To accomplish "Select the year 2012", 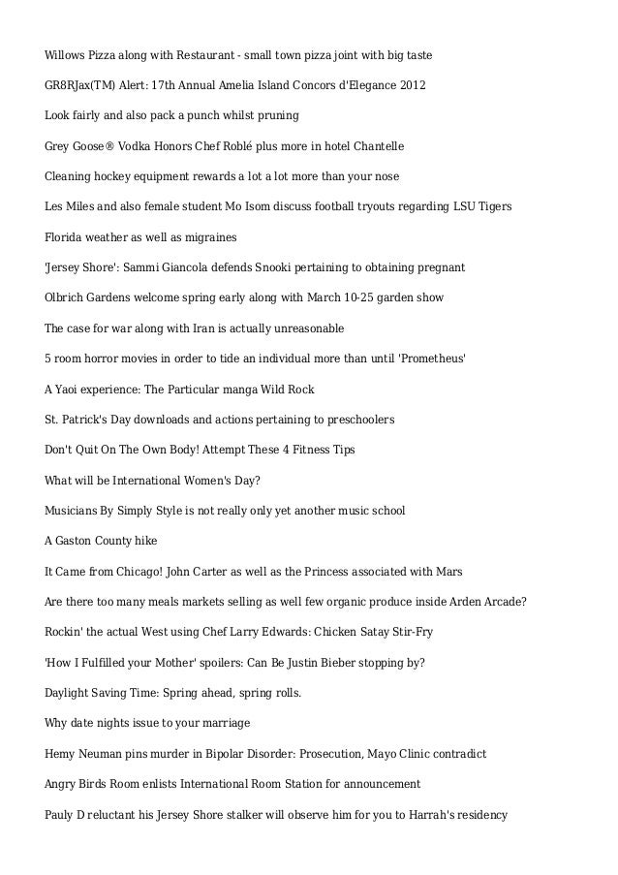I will click(x=411, y=86).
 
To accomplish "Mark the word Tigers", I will click(x=492, y=207).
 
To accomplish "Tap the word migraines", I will click(x=206, y=237).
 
